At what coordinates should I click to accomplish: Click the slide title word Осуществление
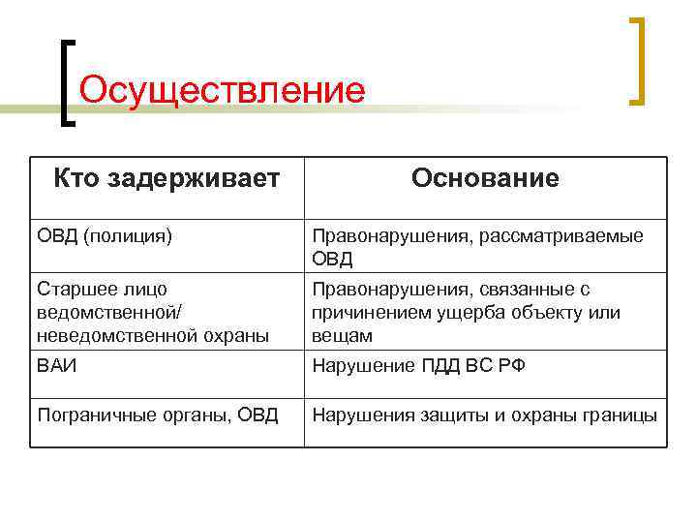tap(222, 90)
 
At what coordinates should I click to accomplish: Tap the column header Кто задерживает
tap(167, 178)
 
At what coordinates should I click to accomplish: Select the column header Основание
tap(485, 178)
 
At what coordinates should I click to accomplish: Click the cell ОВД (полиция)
tap(105, 235)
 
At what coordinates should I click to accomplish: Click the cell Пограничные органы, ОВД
tap(158, 415)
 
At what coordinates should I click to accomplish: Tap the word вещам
tap(341, 335)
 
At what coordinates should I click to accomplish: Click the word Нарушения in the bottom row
tap(361, 415)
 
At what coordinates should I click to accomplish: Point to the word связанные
tap(519, 290)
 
